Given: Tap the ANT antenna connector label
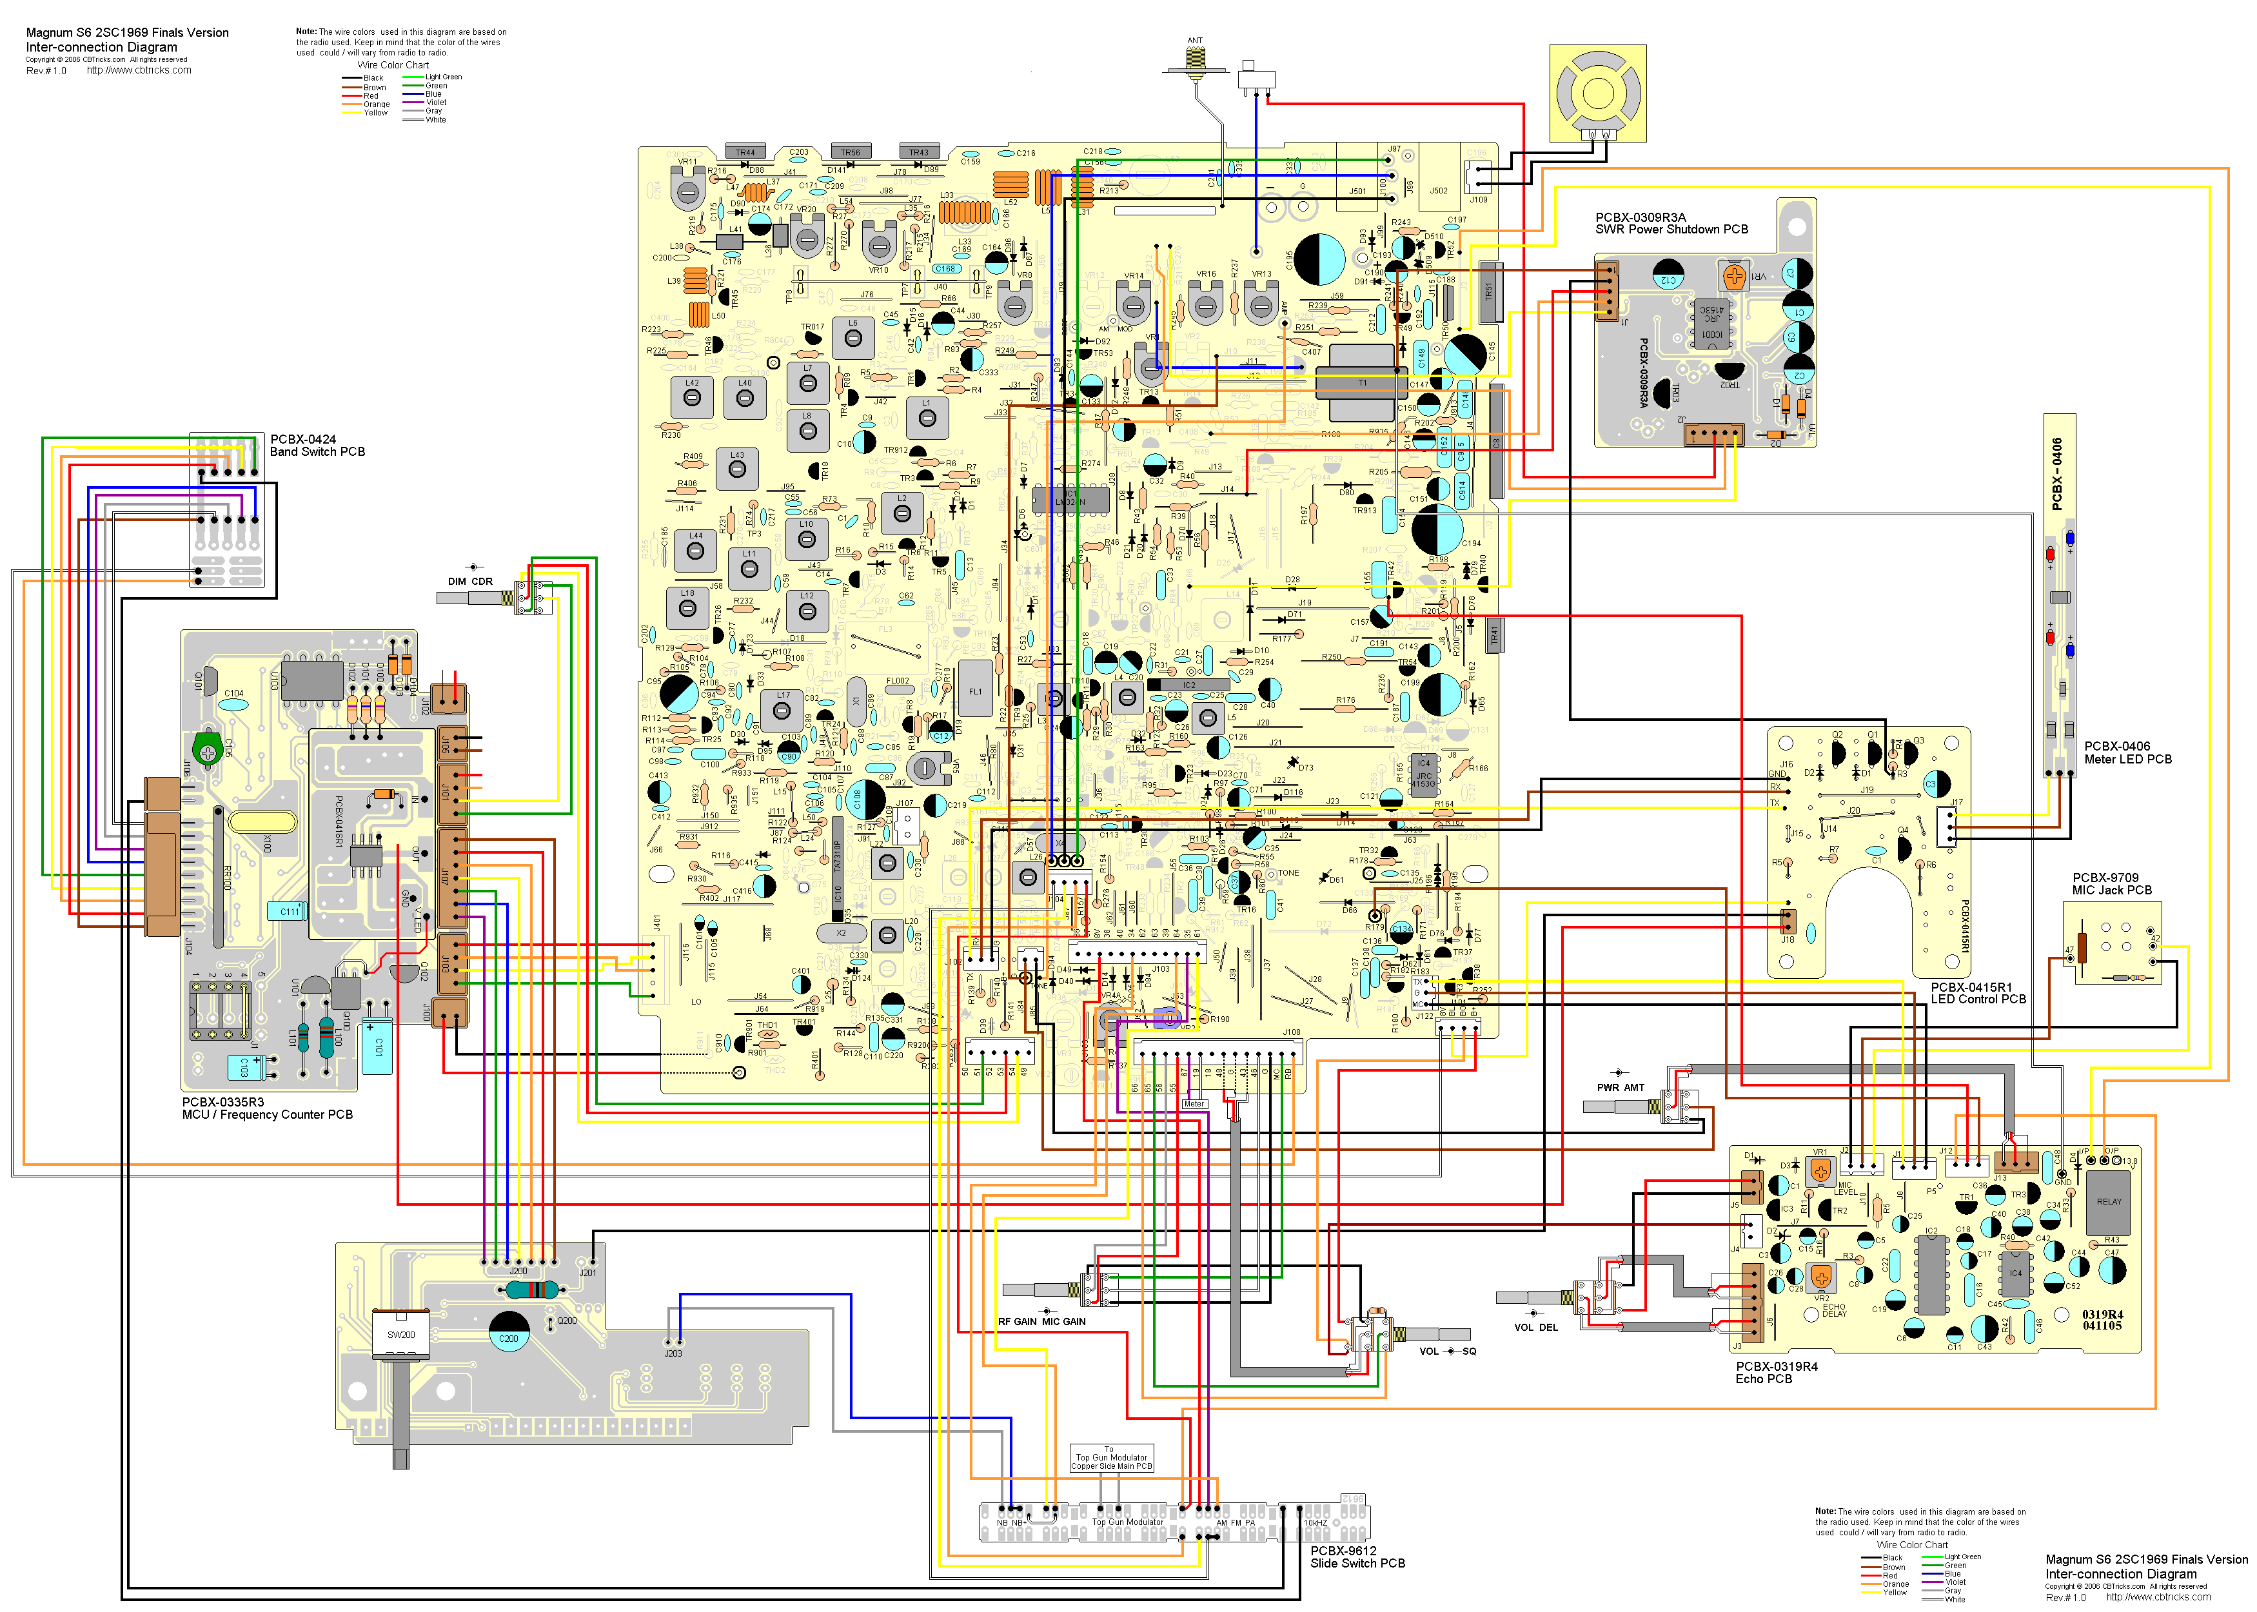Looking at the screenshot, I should click(1194, 41).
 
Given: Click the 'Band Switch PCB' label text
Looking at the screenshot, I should click(318, 451).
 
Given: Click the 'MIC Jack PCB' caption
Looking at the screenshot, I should click(2112, 890).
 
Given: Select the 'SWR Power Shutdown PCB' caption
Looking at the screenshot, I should click(1671, 230).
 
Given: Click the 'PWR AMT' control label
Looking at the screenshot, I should click(1620, 1087).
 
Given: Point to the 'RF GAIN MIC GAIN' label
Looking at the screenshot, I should click(1041, 1321).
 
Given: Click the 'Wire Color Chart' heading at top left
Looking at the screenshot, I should click(393, 66).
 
